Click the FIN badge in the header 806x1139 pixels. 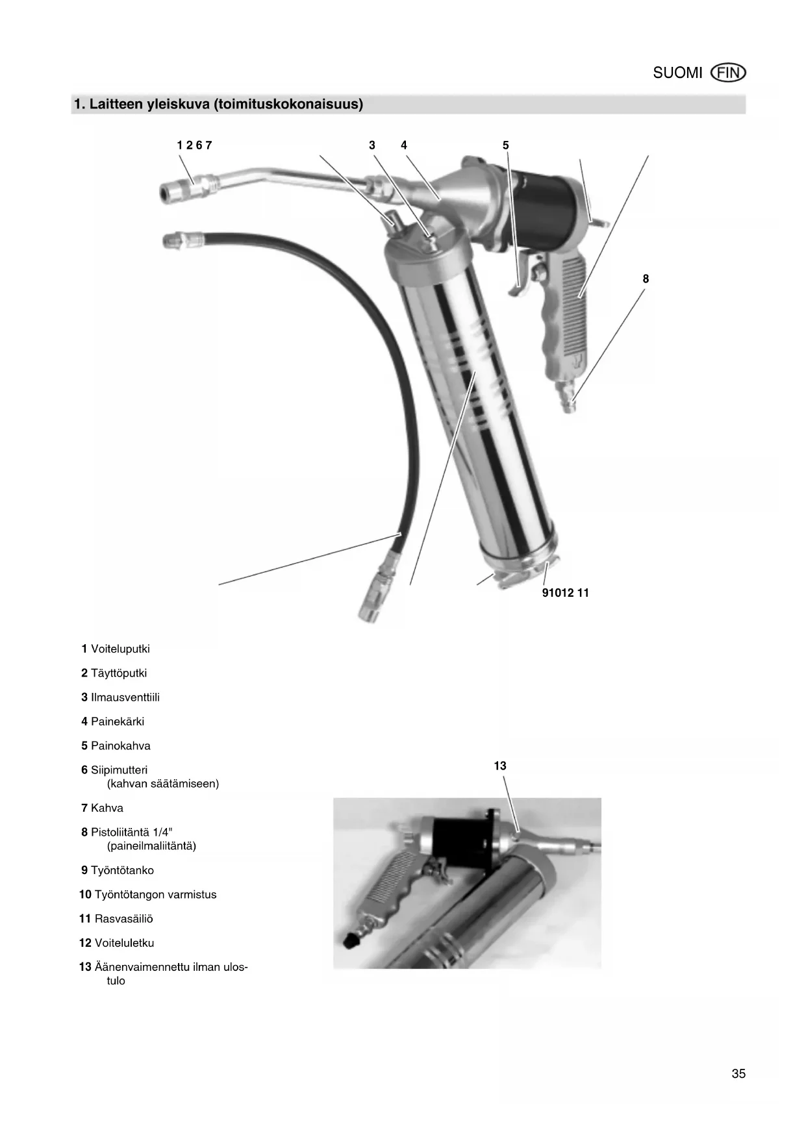point(729,73)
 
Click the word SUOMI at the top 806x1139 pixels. point(677,73)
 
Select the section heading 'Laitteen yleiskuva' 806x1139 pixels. point(218,104)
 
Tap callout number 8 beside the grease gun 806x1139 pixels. point(646,279)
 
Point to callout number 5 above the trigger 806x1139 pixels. point(506,145)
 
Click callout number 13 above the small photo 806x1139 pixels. point(500,766)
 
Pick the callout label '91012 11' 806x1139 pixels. point(565,593)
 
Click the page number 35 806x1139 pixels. point(738,1074)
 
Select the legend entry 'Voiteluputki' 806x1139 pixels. point(120,649)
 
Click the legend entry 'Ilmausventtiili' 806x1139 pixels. point(125,697)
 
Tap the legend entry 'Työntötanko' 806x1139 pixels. point(122,870)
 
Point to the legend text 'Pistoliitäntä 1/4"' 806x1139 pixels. point(131,832)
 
